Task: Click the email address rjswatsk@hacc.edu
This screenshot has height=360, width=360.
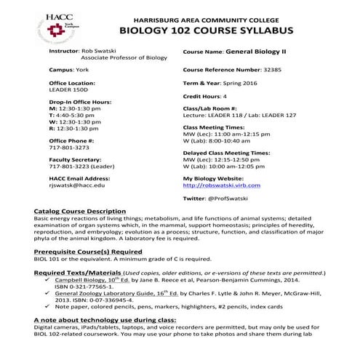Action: click(x=77, y=185)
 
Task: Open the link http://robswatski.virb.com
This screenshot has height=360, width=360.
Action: click(x=222, y=185)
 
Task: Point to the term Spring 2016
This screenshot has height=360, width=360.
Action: click(x=255, y=84)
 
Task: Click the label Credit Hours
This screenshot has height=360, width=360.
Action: click(x=201, y=96)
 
